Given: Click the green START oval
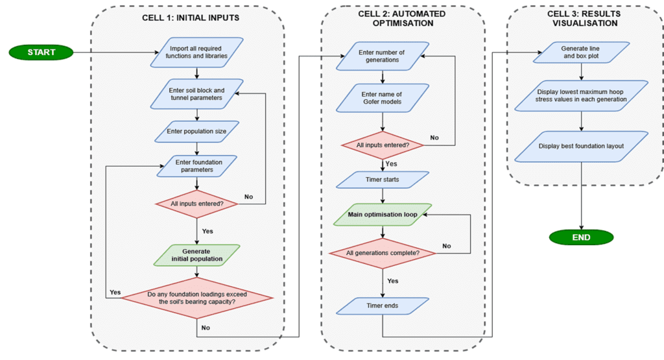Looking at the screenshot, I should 41,52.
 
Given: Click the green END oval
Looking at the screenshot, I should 581,237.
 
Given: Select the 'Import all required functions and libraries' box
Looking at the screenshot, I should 196,53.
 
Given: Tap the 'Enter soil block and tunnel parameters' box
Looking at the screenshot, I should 196,94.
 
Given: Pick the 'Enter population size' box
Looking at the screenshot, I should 196,131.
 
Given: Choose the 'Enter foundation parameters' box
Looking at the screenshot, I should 196,165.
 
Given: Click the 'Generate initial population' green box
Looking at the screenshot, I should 196,254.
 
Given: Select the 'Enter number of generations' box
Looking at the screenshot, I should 383,56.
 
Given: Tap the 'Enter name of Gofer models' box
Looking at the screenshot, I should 383,99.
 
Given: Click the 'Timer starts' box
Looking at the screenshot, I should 383,179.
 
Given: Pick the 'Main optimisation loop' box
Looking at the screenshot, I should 383,214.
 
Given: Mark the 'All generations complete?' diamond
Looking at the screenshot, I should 383,252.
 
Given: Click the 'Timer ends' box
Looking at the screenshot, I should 383,306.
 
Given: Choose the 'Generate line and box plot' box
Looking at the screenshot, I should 581,52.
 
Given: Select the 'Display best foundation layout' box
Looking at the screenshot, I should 581,146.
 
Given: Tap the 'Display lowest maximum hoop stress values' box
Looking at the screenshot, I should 581,95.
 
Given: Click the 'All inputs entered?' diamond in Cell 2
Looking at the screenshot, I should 383,144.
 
